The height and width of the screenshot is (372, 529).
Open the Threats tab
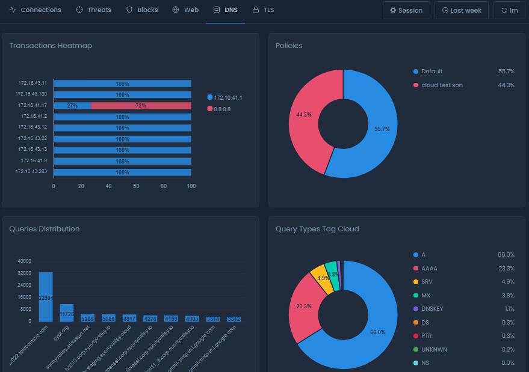(93, 10)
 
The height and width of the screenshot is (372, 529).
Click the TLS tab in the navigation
(263, 10)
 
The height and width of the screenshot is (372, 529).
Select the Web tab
(185, 10)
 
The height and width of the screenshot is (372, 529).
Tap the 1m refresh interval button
(509, 10)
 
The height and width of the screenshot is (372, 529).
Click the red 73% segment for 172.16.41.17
(141, 106)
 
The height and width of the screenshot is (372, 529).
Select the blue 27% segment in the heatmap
(72, 106)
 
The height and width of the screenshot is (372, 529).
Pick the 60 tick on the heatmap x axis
(136, 186)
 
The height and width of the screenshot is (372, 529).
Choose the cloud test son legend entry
(442, 85)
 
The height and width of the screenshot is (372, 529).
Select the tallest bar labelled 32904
(46, 297)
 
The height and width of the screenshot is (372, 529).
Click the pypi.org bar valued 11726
(67, 313)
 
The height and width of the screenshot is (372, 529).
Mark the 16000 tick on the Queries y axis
(24, 297)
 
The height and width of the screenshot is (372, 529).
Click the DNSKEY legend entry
(432, 308)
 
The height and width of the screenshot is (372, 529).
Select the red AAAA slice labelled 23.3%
(303, 306)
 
